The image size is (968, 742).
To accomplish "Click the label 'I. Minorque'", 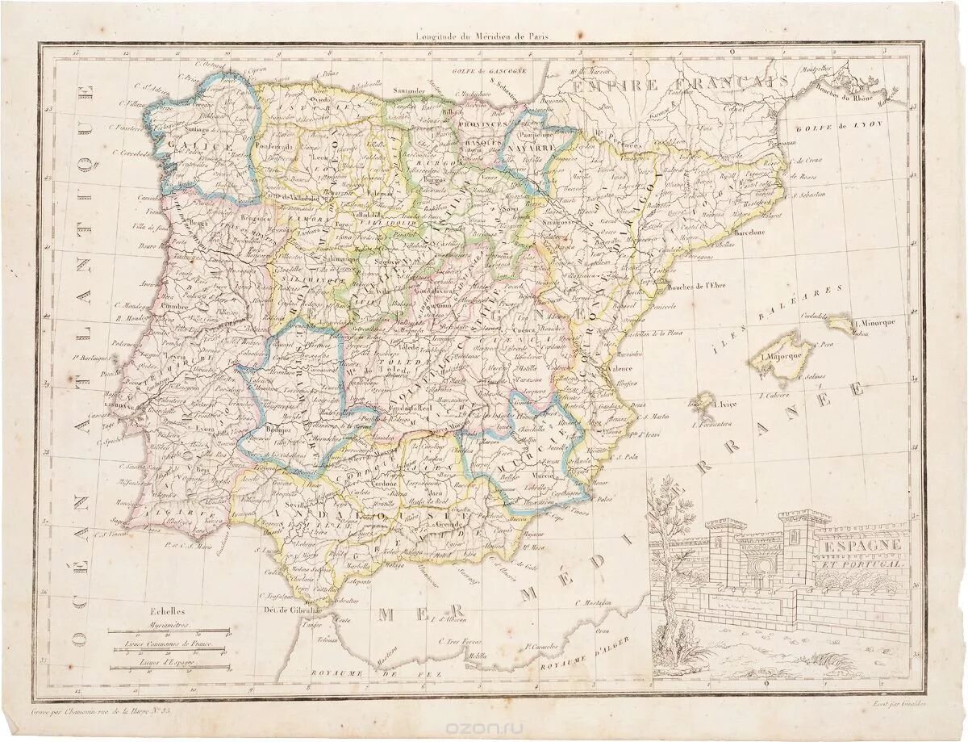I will tap(878, 321).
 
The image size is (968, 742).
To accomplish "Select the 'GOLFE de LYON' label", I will tap(850, 128).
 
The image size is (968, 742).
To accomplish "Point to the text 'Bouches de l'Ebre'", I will tap(711, 285).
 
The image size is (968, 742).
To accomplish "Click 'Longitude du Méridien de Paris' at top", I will tap(486, 36).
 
